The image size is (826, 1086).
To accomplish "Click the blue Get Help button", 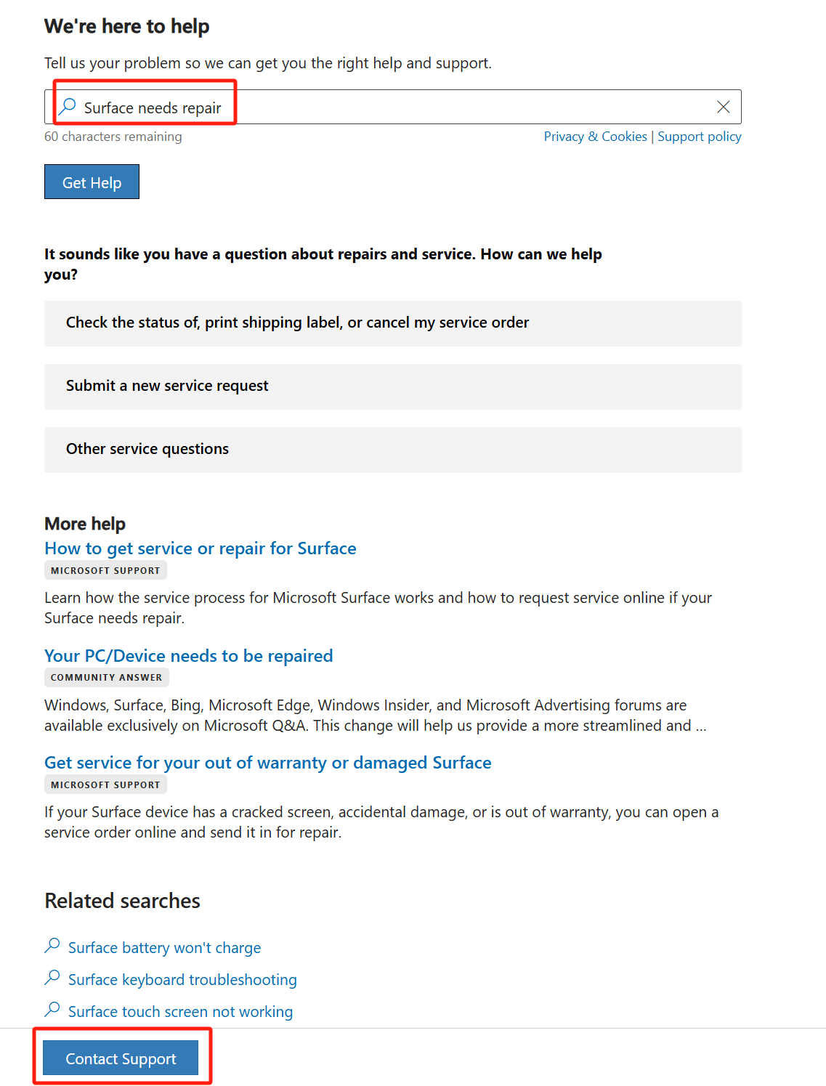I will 92,182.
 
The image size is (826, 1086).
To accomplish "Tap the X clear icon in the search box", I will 723,108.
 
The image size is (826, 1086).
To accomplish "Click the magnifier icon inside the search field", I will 68,107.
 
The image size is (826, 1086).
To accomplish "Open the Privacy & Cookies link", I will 595,137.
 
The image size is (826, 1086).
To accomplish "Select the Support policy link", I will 699,137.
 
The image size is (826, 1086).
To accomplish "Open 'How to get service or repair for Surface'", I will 201,548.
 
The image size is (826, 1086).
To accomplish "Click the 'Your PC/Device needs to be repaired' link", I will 189,656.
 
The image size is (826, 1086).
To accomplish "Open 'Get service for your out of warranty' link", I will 268,763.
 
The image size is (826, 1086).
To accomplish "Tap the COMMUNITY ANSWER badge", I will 106,677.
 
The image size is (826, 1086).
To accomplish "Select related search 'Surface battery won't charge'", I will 164,948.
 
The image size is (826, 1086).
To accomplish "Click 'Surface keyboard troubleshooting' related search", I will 182,980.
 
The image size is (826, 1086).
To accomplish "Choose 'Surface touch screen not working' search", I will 180,1012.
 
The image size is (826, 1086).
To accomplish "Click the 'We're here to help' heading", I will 127,26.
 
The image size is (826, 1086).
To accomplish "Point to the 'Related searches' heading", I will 122,901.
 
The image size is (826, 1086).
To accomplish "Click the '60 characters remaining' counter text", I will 113,137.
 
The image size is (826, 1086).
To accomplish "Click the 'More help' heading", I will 85,524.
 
